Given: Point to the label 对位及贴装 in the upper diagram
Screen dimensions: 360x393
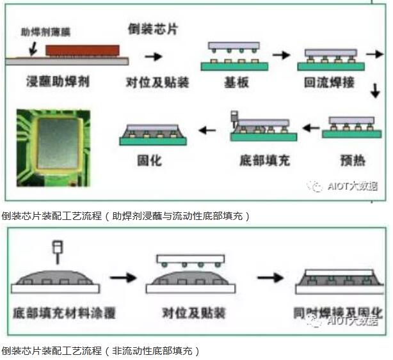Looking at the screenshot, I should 152,82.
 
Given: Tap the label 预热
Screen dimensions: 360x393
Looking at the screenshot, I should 353,160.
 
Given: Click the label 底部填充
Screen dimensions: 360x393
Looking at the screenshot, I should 264,160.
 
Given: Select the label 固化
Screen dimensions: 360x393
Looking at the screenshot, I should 151,160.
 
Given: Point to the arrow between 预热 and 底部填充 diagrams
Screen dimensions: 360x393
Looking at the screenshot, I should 311,129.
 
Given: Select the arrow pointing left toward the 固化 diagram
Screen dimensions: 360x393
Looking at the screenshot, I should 207,130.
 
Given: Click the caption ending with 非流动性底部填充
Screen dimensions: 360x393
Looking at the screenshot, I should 100,350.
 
